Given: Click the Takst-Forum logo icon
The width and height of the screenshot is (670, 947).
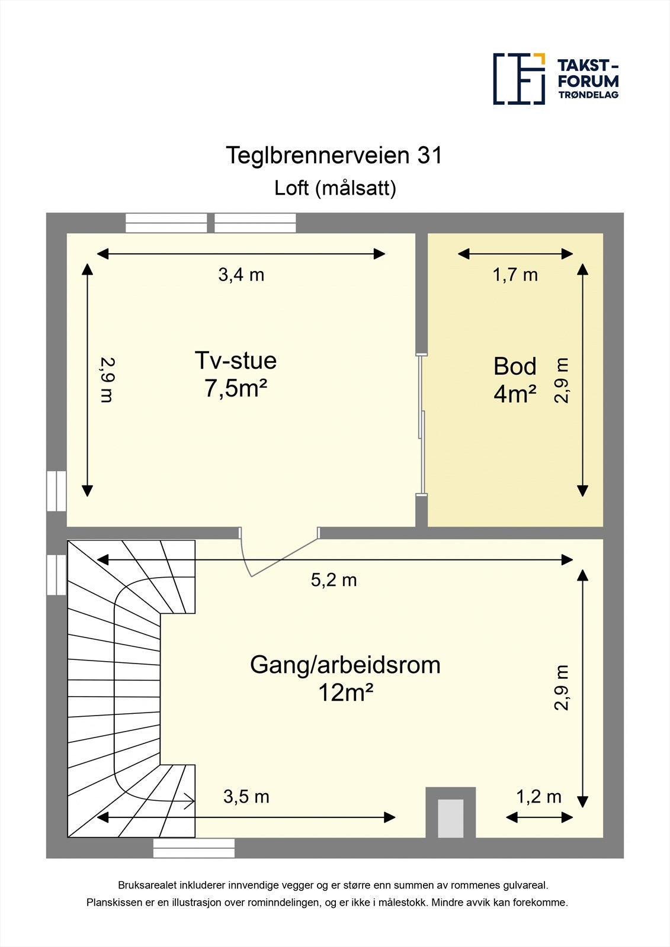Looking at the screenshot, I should (519, 79).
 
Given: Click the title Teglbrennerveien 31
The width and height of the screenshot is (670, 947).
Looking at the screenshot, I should (334, 156).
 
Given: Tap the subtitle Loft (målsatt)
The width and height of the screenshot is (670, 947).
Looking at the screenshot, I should (335, 188).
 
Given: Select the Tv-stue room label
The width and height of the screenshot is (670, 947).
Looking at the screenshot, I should (236, 360).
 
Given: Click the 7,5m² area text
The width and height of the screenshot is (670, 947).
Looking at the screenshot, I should (236, 389).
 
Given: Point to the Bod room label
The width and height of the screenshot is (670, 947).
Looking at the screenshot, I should (515, 366).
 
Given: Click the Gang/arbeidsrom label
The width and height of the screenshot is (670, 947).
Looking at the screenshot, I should (345, 665).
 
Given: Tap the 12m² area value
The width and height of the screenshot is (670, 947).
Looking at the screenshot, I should (345, 692).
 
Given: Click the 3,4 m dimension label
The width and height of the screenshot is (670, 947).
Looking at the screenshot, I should (241, 275).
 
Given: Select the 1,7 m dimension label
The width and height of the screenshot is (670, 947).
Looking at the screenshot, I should (515, 275).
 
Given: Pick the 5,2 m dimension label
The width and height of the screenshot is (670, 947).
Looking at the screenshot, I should (334, 580).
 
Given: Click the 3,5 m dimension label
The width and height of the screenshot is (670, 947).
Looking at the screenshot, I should (246, 797).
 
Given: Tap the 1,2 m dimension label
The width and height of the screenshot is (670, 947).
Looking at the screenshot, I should (538, 797).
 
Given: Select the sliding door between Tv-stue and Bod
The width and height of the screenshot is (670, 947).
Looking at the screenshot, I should (421, 424).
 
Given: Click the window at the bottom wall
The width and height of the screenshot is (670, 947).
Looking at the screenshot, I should (194, 848).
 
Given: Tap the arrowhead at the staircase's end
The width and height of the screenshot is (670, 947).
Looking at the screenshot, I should (190, 801).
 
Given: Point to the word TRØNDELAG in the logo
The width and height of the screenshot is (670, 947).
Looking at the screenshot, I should (588, 95).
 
